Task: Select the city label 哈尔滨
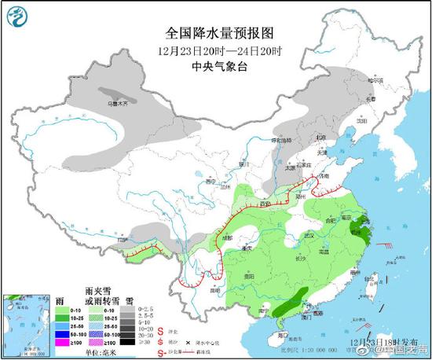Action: [378, 80]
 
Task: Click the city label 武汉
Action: [309, 236]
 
